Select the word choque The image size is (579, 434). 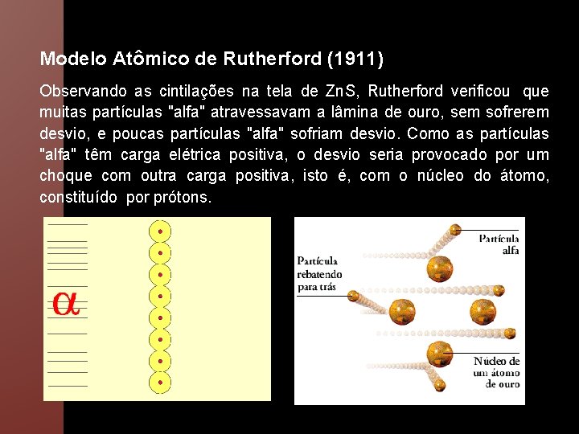coord(65,175)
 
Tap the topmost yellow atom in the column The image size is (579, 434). coord(161,232)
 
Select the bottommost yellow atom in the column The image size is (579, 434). coord(161,382)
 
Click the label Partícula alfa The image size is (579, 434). coord(499,244)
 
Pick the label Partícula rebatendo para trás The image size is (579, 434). coord(319,273)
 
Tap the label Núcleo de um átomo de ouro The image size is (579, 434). coord(496,372)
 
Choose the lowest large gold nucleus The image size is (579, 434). coord(438,352)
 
